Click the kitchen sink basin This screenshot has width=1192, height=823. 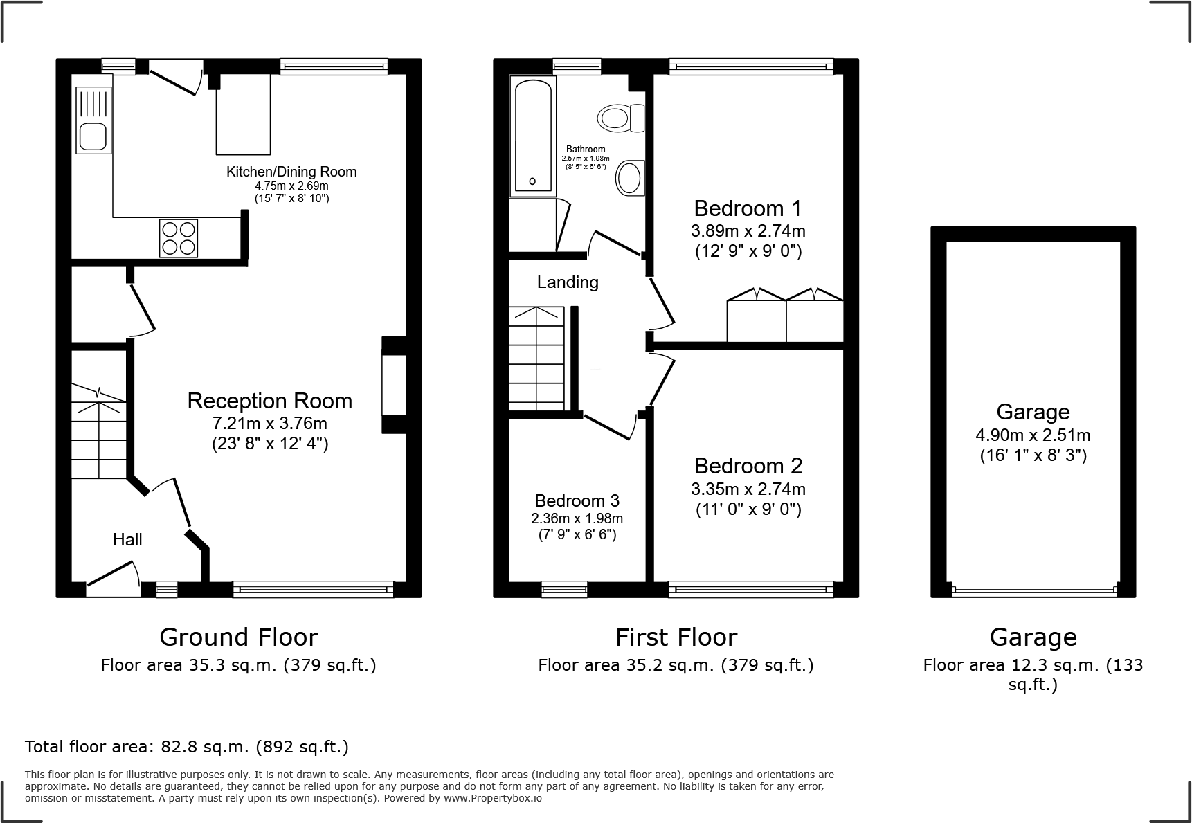(x=93, y=136)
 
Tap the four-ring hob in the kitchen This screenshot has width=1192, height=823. (x=179, y=237)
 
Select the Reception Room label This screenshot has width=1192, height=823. (x=269, y=401)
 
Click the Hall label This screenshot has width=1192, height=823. (x=127, y=539)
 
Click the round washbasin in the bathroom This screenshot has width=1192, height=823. (x=629, y=178)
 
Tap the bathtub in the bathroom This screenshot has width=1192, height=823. (x=532, y=134)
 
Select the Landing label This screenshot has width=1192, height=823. (x=568, y=282)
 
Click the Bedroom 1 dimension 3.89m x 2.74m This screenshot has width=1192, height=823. (x=748, y=230)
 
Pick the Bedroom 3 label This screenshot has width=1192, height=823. (x=577, y=500)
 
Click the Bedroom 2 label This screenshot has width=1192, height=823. (x=748, y=465)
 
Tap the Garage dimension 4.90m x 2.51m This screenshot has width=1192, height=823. (x=1033, y=435)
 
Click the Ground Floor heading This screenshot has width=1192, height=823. (x=238, y=637)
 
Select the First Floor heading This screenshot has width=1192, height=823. (x=676, y=637)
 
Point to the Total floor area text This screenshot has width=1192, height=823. (x=187, y=747)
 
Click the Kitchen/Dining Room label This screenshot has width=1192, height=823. (x=291, y=172)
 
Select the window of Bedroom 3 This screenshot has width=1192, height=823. (x=563, y=589)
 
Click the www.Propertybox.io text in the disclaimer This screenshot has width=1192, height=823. (x=492, y=798)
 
